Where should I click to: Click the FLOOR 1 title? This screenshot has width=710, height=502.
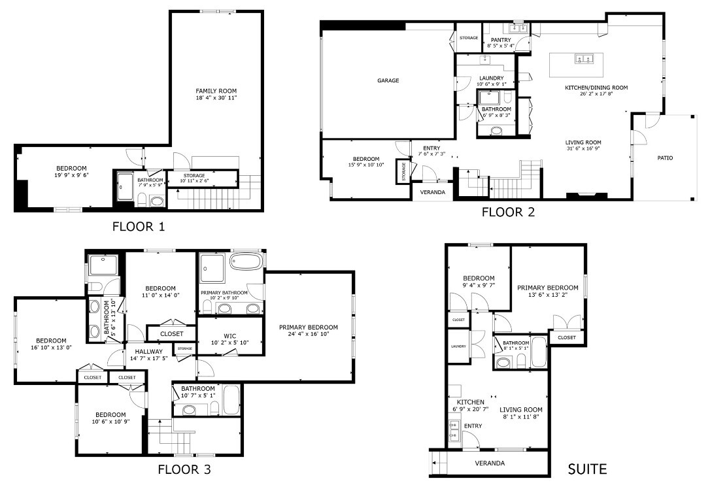pyautogui.click(x=139, y=227)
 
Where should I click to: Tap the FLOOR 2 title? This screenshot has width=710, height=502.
pyautogui.click(x=508, y=212)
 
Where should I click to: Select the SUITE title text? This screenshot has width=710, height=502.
pyautogui.click(x=586, y=469)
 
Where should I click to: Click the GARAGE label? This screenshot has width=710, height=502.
pyautogui.click(x=388, y=81)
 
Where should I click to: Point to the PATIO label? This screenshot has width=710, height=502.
pyautogui.click(x=665, y=158)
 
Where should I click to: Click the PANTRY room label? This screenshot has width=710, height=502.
pyautogui.click(x=500, y=40)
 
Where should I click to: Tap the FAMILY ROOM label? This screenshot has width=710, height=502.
pyautogui.click(x=216, y=91)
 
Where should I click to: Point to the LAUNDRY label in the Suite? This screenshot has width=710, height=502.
pyautogui.click(x=457, y=346)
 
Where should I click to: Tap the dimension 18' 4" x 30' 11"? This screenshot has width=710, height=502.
pyautogui.click(x=216, y=98)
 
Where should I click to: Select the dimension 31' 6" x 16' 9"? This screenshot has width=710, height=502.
pyautogui.click(x=583, y=149)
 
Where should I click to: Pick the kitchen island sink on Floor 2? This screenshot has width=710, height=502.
pyautogui.click(x=583, y=59)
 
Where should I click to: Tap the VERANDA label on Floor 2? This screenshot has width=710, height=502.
pyautogui.click(x=432, y=192)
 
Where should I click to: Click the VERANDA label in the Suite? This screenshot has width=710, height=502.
pyautogui.click(x=490, y=463)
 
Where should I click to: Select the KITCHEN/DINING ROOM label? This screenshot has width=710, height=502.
pyautogui.click(x=596, y=87)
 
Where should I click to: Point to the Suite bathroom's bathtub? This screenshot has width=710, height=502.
pyautogui.click(x=538, y=352)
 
